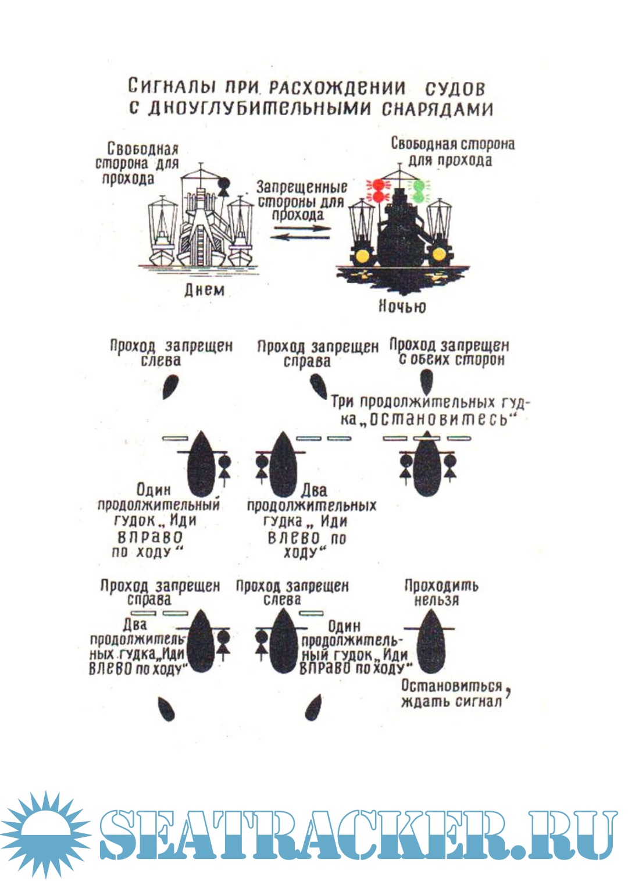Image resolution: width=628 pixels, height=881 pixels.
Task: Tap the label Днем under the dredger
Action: tap(204, 290)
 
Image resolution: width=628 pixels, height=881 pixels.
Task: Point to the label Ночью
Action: tap(402, 306)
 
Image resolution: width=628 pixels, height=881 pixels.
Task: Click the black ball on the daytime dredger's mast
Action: tap(223, 184)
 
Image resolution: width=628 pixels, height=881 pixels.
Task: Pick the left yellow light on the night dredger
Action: tap(362, 254)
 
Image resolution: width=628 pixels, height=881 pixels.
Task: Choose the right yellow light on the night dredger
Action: tap(440, 254)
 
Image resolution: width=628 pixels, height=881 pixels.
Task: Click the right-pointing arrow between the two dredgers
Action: tap(301, 228)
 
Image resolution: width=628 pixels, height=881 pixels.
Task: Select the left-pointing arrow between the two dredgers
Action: tap(301, 236)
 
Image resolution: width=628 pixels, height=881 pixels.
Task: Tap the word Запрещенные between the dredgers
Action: tap(301, 187)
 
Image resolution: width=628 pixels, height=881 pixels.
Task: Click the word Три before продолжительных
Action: tap(344, 402)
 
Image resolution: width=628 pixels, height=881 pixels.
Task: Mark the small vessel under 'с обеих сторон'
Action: tap(426, 381)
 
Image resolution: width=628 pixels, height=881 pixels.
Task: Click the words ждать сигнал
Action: tap(451, 701)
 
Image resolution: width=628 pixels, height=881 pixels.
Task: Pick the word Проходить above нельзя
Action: tap(441, 585)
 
